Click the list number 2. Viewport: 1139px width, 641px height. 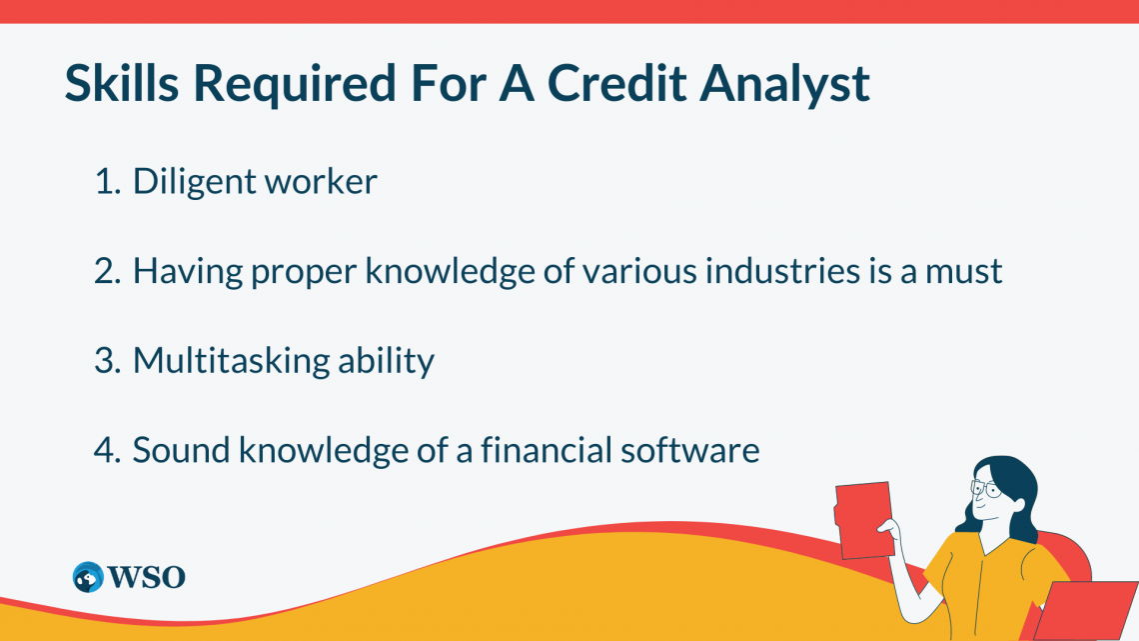tap(106, 271)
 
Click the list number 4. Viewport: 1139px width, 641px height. tap(106, 450)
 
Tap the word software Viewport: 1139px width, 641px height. tap(697, 450)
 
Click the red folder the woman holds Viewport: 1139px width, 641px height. tap(863, 519)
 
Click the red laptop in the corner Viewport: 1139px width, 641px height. tap(1089, 610)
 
